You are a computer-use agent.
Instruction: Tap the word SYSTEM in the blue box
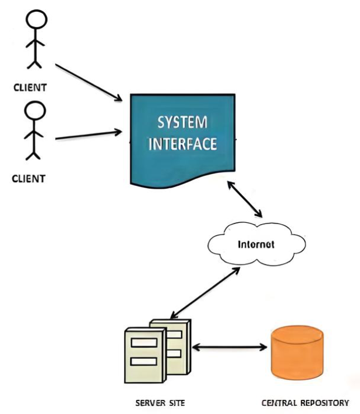182,123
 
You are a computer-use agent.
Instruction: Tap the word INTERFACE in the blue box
182,144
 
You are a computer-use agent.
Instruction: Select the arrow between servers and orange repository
229,347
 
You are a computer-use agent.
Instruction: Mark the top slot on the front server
141,342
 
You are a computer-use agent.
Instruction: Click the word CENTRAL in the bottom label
278,403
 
